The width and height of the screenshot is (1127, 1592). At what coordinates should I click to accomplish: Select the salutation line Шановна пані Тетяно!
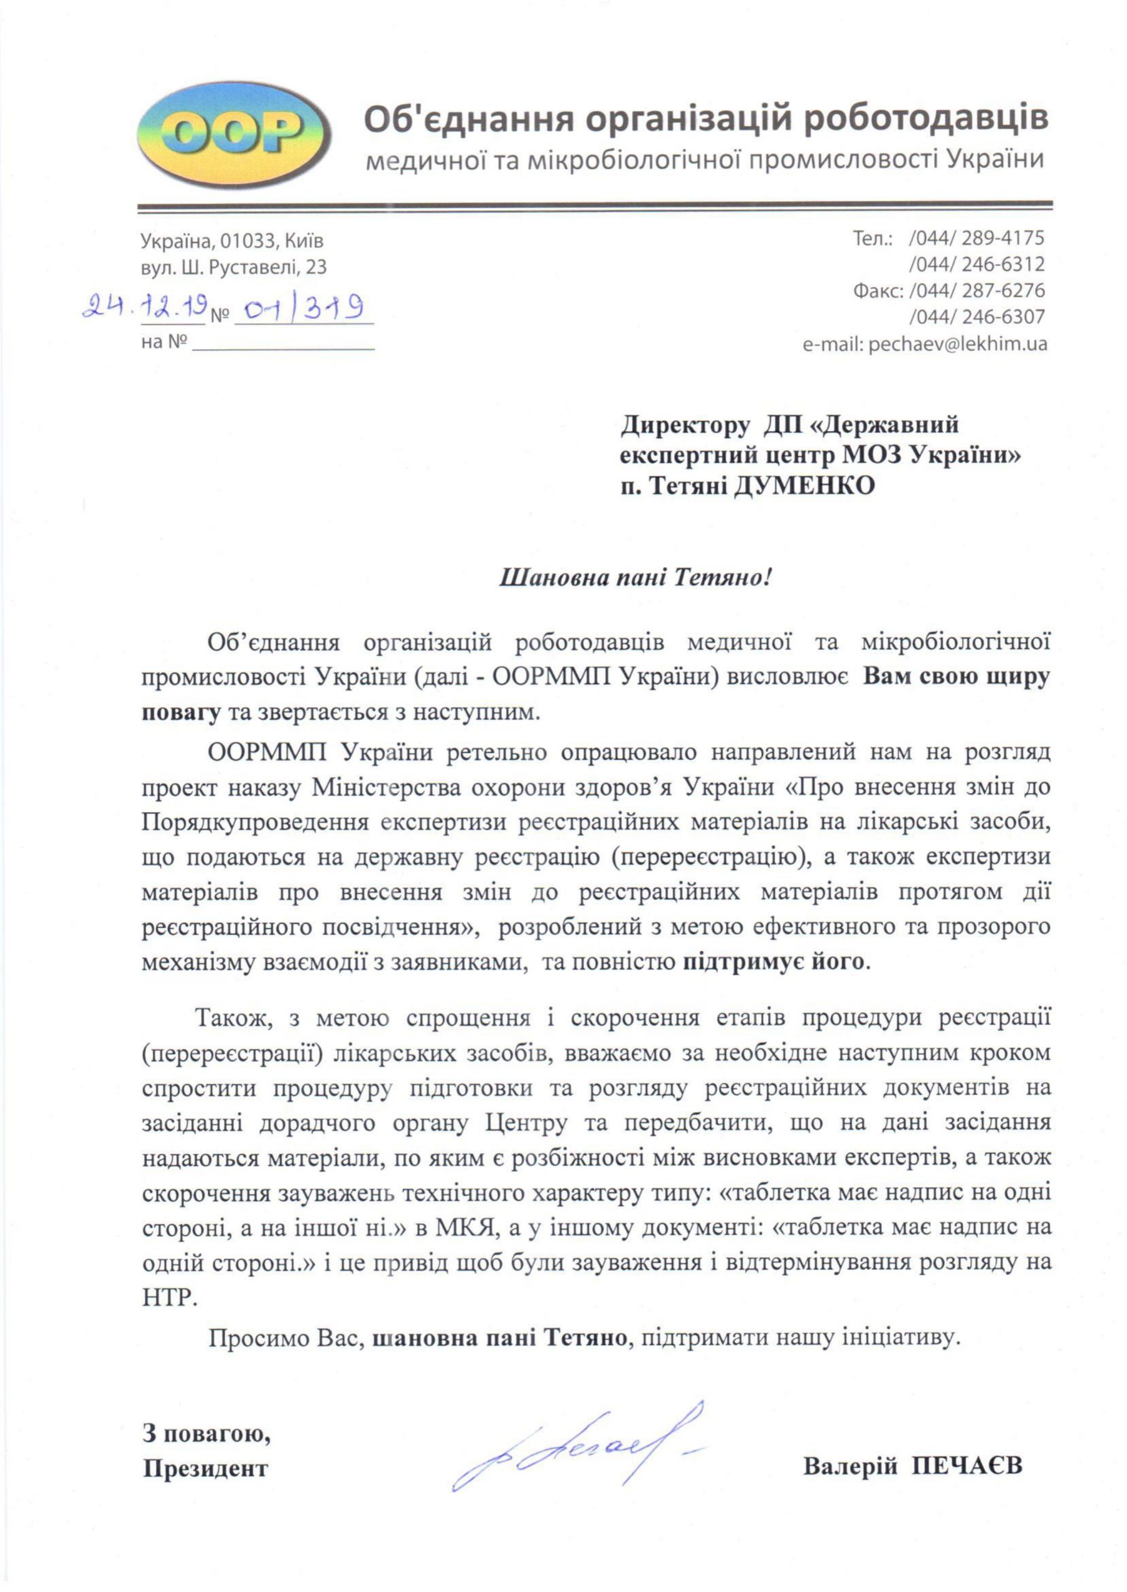click(x=635, y=578)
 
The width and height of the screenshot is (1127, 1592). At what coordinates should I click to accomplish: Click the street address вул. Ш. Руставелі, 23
click(x=233, y=267)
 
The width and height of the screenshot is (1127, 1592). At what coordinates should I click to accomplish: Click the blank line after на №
click(x=283, y=344)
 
